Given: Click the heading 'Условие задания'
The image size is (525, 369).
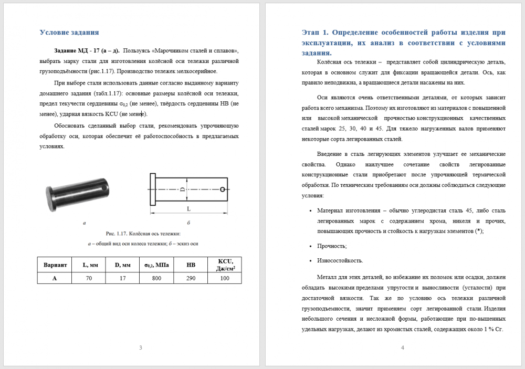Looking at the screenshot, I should coord(69,33).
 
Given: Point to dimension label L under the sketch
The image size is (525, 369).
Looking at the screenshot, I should coord(188,208).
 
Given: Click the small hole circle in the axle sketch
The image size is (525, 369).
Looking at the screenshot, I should coord(224,189).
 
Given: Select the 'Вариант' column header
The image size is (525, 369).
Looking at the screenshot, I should coord(55,265).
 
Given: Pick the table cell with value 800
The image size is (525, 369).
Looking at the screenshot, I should coord(156,278).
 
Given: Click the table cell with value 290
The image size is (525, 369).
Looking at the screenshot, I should coord(191,278).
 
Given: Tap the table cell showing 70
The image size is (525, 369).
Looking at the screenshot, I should coord(89,278).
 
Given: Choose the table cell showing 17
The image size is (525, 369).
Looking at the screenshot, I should coord(122,278).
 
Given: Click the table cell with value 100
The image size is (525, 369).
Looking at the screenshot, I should coord(225,278).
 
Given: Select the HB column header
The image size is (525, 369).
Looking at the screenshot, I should coord(191,265).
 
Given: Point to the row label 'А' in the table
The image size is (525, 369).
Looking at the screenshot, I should coord(55,278).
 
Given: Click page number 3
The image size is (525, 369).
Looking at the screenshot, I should coord(140,347).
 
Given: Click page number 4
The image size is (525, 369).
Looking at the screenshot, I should coord(402,347).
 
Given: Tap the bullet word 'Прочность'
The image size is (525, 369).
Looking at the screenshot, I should coord(332,246).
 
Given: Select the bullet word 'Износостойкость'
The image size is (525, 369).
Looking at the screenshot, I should coord(340,260).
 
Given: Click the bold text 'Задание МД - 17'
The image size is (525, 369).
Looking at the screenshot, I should coord(79,51).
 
